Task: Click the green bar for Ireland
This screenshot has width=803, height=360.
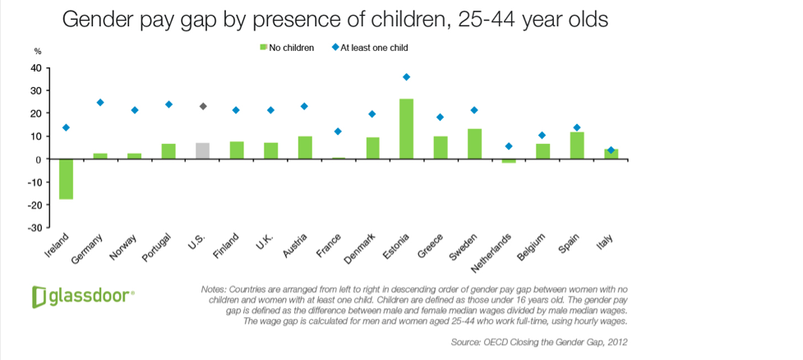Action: (x=66, y=178)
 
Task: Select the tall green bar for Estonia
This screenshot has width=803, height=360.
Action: (x=406, y=129)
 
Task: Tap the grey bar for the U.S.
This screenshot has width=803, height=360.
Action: (x=202, y=151)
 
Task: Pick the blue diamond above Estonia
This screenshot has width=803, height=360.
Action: (x=406, y=77)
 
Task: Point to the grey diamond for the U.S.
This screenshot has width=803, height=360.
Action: (x=203, y=106)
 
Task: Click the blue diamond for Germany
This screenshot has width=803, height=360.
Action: (x=100, y=103)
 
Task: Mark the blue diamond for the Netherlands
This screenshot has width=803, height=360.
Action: (x=509, y=146)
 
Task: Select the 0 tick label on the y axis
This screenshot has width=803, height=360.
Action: (x=39, y=159)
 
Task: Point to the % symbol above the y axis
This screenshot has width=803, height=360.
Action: (x=37, y=53)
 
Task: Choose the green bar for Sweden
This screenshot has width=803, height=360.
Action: (x=475, y=144)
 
